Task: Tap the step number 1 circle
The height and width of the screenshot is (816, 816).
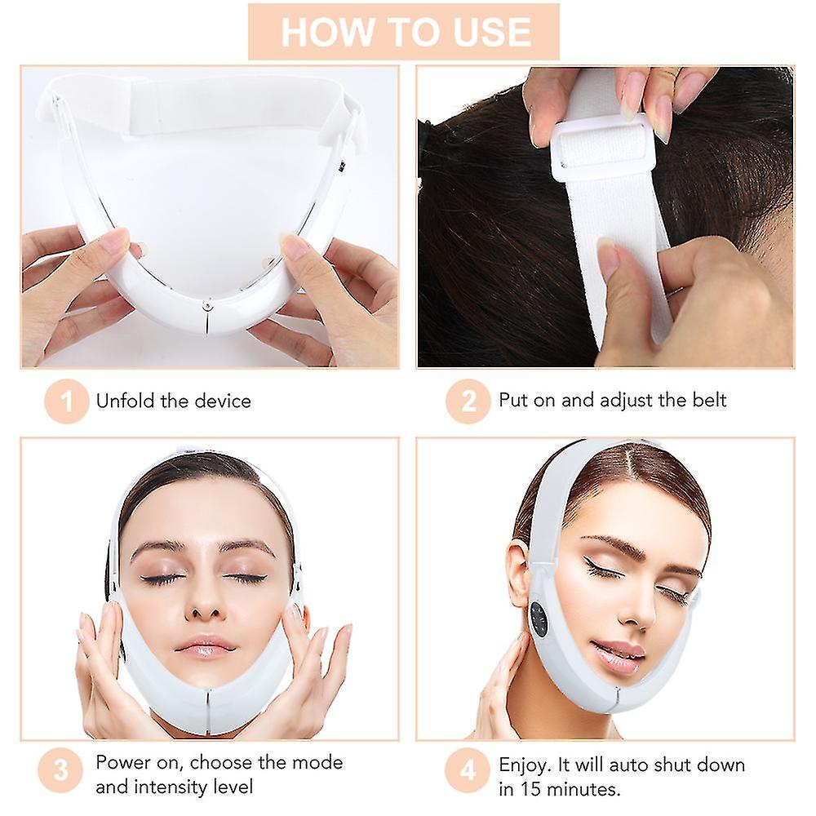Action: pos(66,401)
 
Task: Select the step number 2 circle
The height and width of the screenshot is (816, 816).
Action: pos(468,401)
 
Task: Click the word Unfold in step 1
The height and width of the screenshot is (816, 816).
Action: pos(122,401)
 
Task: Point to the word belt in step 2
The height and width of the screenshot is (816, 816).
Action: pos(706,400)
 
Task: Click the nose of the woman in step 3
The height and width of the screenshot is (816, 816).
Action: pos(206,604)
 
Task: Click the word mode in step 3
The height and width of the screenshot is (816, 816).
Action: pos(317,763)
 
